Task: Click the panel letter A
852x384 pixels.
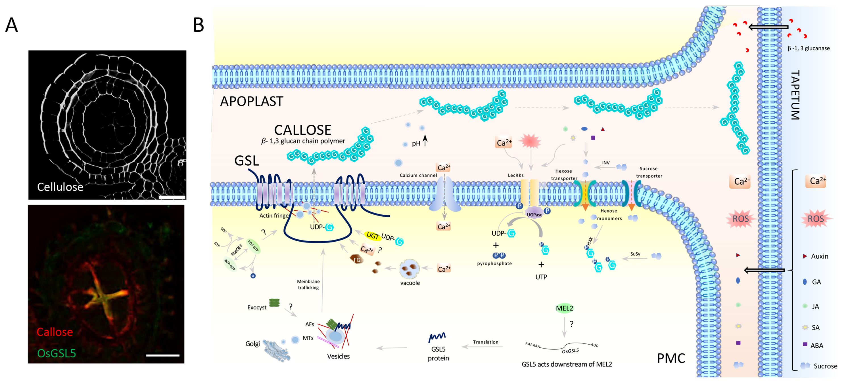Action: pos(12,25)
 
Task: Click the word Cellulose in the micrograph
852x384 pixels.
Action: pos(60,187)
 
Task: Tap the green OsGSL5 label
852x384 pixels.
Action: pos(57,353)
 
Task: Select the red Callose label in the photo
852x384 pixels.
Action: pos(55,332)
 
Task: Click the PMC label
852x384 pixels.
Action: pos(671,358)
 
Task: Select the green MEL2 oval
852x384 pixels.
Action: pos(564,308)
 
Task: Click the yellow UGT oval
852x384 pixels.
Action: pos(372,235)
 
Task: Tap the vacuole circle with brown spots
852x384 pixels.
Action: pos(410,269)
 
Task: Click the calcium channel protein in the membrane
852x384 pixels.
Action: pos(444,195)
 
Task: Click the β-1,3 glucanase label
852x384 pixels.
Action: pos(808,48)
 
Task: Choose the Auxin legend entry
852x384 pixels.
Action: pos(819,256)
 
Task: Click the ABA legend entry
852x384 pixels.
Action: pos(816,345)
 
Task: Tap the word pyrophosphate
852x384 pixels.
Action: pos(494,263)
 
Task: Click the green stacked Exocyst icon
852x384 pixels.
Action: pos(274,302)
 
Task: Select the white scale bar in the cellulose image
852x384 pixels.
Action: pos(172,197)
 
